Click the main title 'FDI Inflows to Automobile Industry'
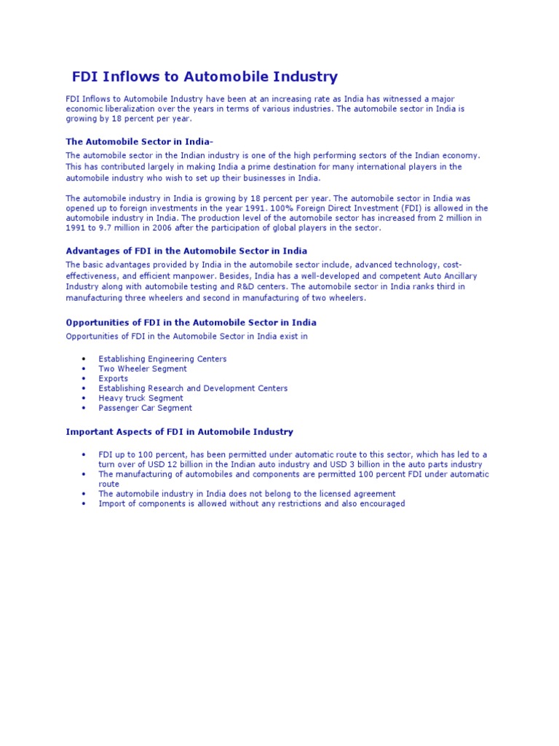pyautogui.click(x=205, y=76)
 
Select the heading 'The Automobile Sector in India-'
pyautogui.click(x=140, y=141)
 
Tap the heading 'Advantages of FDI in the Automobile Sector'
pyautogui.click(x=186, y=251)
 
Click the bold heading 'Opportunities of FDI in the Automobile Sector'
pyautogui.click(x=191, y=322)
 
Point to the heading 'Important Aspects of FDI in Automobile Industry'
pyautogui.click(x=179, y=432)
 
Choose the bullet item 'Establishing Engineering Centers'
pyautogui.click(x=162, y=359)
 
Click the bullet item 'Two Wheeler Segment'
pyautogui.click(x=142, y=369)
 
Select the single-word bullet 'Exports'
pyautogui.click(x=113, y=379)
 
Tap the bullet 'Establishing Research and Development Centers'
pyautogui.click(x=193, y=388)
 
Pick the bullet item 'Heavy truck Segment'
pyautogui.click(x=140, y=398)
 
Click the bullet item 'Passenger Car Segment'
pyautogui.click(x=145, y=408)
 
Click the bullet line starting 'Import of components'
pyautogui.click(x=251, y=503)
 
